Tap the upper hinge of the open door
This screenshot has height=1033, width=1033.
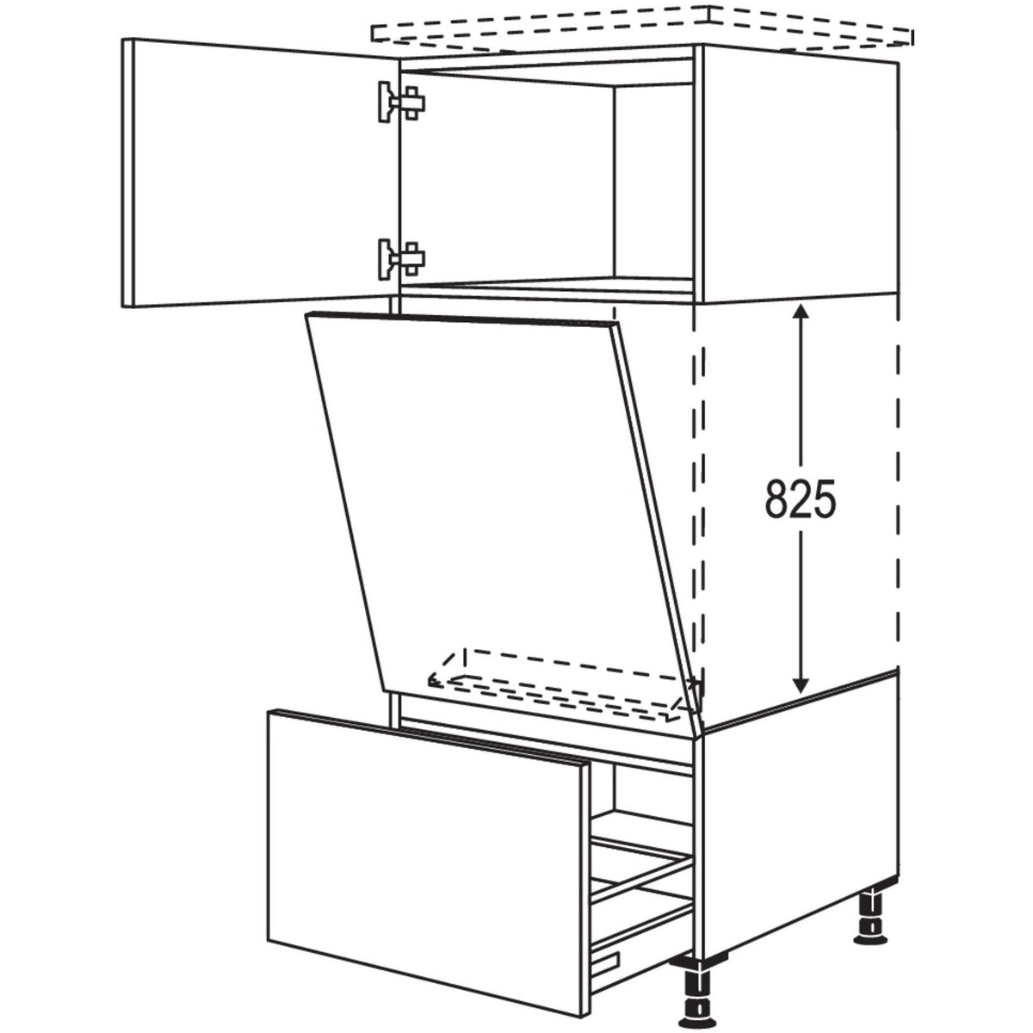(x=399, y=102)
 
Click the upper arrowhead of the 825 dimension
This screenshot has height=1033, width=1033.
(x=801, y=313)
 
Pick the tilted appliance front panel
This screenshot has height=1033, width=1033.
(x=499, y=508)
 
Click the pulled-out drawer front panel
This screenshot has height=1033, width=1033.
(x=422, y=861)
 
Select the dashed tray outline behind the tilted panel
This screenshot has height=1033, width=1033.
(x=560, y=680)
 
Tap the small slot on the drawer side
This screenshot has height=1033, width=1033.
(x=608, y=937)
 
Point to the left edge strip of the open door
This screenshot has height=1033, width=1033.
(x=130, y=172)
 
